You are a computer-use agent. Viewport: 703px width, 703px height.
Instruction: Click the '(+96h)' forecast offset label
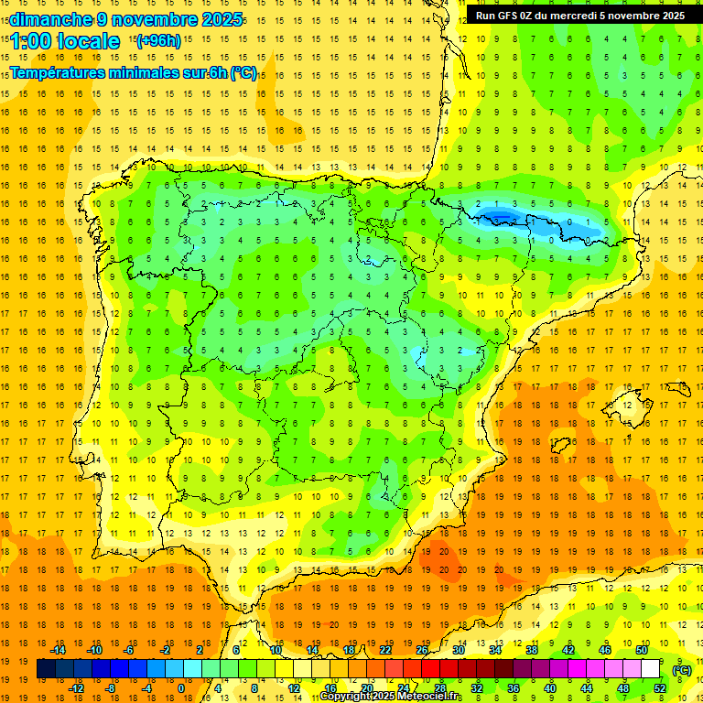pyautogui.click(x=158, y=40)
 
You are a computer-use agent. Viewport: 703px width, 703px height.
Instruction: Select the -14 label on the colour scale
pyautogui.click(x=58, y=650)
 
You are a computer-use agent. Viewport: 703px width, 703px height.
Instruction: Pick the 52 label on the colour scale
pyautogui.click(x=660, y=688)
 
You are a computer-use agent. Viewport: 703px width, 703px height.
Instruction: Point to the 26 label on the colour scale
pyautogui.click(x=421, y=650)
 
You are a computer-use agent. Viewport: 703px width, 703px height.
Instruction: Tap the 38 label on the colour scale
pyautogui.click(x=531, y=650)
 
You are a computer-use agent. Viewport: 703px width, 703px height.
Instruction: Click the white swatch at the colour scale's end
pyautogui.click(x=650, y=669)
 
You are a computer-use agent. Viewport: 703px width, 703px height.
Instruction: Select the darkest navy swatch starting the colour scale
pyautogui.click(x=46, y=669)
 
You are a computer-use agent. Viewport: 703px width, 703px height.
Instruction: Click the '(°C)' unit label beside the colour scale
pyautogui.click(x=682, y=669)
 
